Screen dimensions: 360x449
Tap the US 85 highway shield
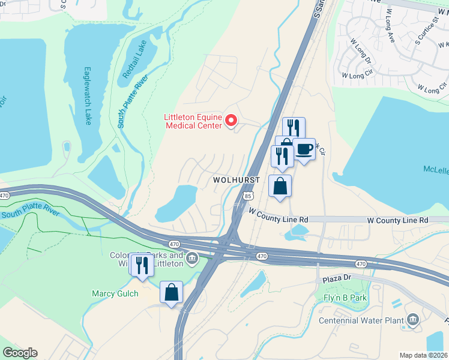pos(248,196)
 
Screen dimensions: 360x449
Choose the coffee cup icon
pos(304,149)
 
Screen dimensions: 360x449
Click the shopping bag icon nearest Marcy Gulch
pos(172,292)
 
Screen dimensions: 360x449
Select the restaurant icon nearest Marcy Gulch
pos(142,265)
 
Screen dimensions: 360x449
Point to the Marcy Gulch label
pos(115,293)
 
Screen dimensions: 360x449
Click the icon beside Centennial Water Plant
pos(413,319)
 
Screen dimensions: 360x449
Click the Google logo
pos(20,352)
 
